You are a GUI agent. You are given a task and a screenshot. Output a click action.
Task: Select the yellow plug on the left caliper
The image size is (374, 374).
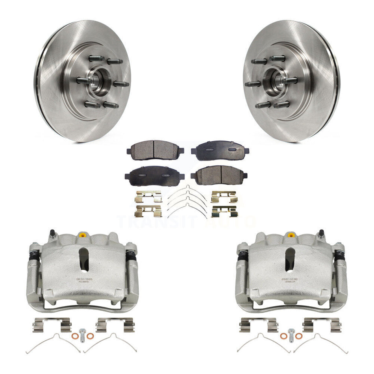click(x=82, y=235)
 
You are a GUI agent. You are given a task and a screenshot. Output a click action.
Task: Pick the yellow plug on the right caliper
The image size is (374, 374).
click(x=291, y=235)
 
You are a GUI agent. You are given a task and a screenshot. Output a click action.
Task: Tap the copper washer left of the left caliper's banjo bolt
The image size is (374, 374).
click(x=75, y=336)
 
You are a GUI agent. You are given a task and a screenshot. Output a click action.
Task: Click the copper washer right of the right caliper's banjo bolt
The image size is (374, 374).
click(x=299, y=336)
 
